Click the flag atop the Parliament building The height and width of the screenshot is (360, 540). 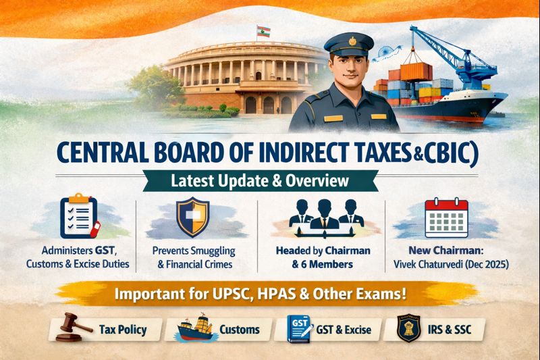259,31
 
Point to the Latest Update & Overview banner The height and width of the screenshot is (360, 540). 267,181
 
